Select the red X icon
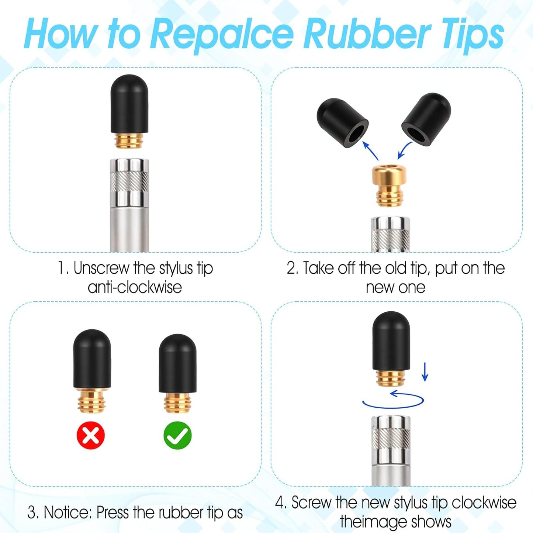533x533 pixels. (x=91, y=435)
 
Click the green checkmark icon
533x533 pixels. (x=177, y=435)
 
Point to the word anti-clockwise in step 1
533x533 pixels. (x=135, y=287)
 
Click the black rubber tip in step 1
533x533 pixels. (x=129, y=104)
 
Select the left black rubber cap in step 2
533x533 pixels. (x=342, y=122)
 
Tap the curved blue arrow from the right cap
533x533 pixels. (x=404, y=150)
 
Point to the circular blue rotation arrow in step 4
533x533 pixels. (x=393, y=407)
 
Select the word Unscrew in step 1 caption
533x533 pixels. (x=101, y=268)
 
